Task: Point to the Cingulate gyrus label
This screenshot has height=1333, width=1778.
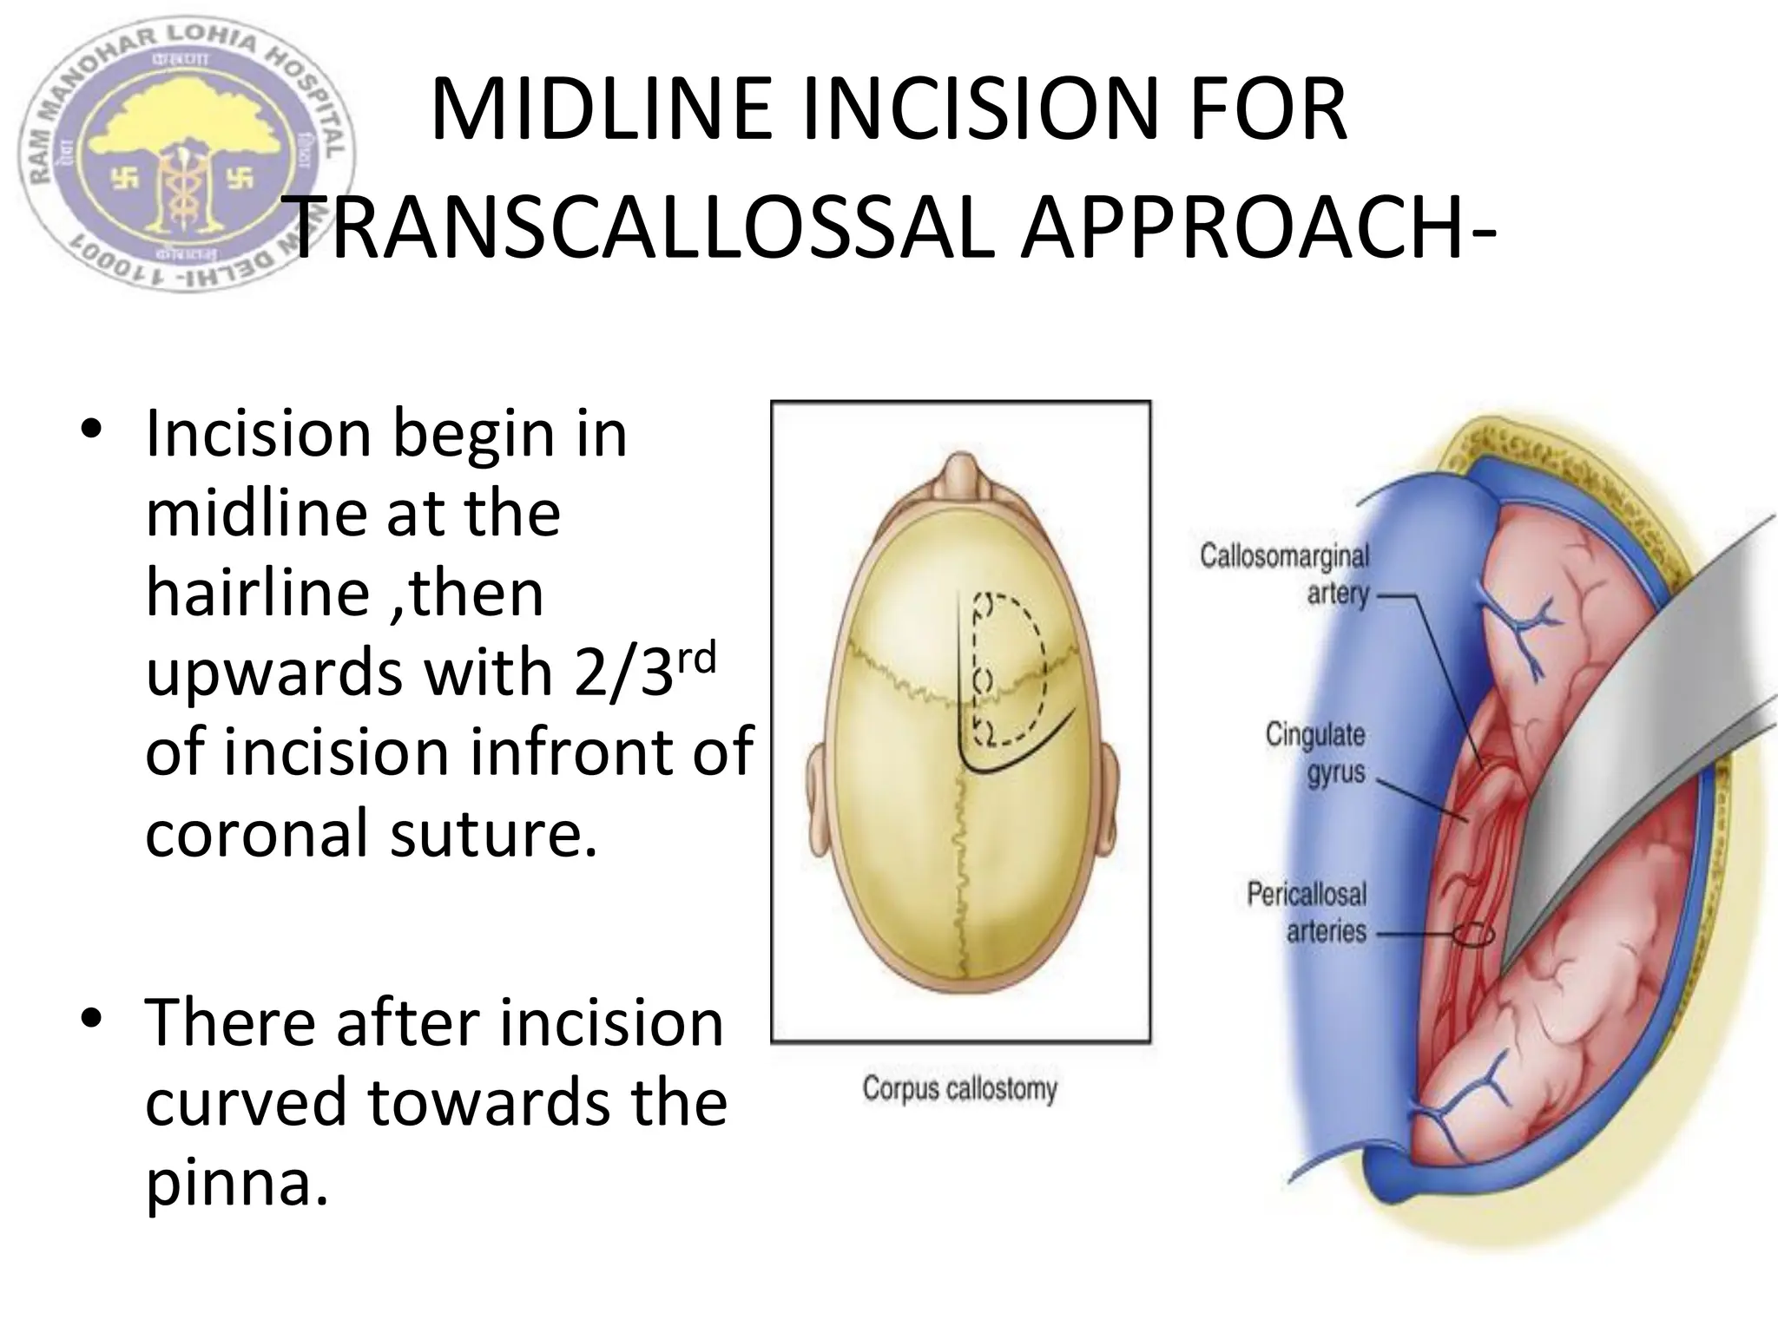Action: click(x=1315, y=752)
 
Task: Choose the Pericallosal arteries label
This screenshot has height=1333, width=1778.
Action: click(x=1307, y=911)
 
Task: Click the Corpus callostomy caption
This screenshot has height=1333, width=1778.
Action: click(x=959, y=1088)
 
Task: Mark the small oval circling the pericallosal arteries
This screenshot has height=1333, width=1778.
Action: click(x=1474, y=935)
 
